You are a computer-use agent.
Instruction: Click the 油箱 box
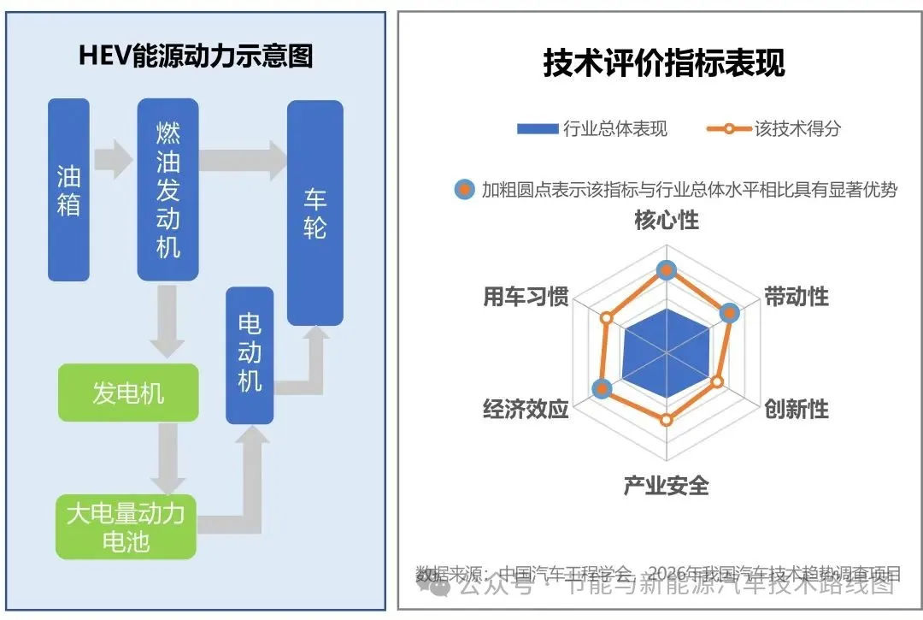click(68, 190)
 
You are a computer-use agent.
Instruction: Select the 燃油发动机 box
click(168, 190)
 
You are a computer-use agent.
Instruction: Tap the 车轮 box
click(315, 213)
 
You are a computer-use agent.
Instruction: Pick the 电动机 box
click(250, 355)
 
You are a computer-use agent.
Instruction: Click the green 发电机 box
click(128, 393)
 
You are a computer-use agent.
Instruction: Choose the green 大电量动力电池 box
click(126, 527)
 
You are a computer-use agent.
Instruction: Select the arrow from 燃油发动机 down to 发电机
click(168, 322)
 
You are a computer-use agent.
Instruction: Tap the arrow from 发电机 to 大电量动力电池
click(168, 458)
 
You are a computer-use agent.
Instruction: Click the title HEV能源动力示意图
click(196, 56)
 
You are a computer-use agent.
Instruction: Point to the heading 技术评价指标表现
click(664, 63)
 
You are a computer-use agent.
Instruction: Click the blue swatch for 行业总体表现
click(537, 129)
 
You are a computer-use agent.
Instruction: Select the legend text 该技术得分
click(797, 129)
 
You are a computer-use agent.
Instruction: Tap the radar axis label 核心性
click(667, 221)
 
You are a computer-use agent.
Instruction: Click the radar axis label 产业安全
click(667, 486)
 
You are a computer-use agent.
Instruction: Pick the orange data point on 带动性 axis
click(728, 313)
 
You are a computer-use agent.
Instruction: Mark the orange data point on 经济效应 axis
click(603, 389)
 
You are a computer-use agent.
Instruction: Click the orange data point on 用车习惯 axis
click(607, 318)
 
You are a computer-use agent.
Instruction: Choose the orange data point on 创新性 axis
click(717, 382)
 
